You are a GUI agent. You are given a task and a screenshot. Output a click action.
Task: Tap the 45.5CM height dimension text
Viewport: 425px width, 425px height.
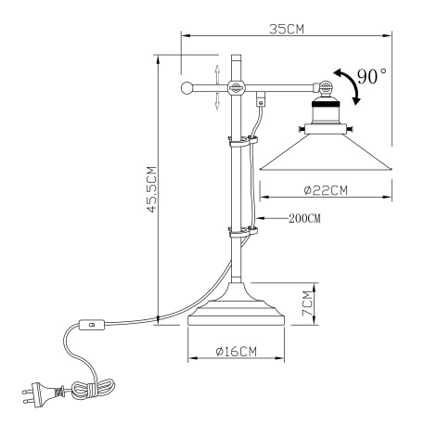[150, 191]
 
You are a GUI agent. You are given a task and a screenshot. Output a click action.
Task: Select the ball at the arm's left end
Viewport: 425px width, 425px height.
[187, 89]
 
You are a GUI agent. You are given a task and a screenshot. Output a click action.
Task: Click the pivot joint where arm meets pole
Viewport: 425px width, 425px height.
[236, 89]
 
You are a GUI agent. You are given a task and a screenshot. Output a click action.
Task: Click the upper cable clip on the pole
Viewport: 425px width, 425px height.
[240, 144]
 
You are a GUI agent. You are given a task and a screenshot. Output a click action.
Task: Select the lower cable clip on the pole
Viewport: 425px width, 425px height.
[240, 229]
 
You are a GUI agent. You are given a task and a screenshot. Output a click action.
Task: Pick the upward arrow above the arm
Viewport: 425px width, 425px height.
[217, 71]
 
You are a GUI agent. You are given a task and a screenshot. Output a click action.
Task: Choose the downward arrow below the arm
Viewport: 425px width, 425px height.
[217, 104]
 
